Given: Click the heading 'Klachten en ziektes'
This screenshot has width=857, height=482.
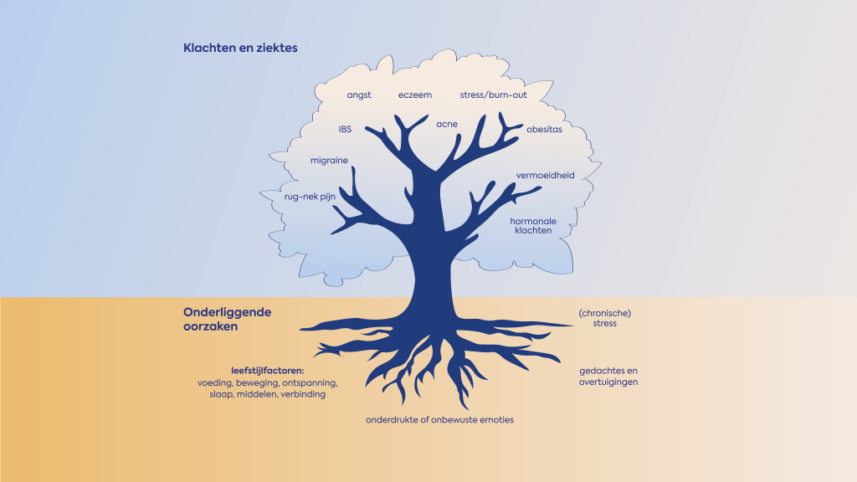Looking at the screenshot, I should click(240, 49).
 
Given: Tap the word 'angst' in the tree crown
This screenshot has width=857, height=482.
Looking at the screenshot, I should click(359, 95).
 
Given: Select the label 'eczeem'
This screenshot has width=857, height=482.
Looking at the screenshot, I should click(415, 95).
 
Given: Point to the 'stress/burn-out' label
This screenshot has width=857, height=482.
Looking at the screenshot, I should click(494, 95).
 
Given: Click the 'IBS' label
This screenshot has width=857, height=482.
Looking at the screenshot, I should click(345, 130).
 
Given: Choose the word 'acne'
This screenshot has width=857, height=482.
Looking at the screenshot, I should click(447, 125).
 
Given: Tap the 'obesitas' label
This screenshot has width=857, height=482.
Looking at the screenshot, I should click(544, 130).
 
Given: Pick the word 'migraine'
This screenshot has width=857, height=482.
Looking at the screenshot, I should click(329, 161).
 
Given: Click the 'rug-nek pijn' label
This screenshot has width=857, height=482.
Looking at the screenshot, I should click(310, 197).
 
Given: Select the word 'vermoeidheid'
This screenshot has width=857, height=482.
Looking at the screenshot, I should click(544, 176).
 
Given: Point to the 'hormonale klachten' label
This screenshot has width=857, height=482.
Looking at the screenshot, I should click(533, 226).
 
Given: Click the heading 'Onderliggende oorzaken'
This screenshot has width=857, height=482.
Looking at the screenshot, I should click(227, 319).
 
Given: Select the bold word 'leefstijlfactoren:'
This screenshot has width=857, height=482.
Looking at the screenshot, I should click(267, 371).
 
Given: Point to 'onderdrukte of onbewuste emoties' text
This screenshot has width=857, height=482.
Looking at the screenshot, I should click(439, 420).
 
